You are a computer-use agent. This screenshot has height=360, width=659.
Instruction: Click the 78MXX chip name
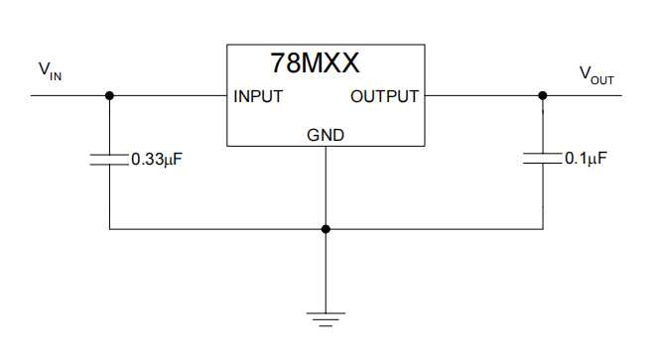coord(314,63)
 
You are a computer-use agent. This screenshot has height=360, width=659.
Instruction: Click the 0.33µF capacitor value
coord(158,158)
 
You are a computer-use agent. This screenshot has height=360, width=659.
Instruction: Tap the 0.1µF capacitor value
coord(586,158)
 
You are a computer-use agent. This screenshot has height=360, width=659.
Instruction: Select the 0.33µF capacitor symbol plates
coord(109,159)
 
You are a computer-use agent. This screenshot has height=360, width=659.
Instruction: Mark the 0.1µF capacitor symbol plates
coord(542,159)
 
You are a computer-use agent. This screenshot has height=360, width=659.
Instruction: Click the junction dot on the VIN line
coord(109,95)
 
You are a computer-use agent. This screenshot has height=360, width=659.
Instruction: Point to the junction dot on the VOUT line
coord(542,95)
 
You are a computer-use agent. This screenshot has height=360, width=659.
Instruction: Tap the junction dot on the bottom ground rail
coord(326,229)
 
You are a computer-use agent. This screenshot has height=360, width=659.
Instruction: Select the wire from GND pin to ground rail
coord(326,188)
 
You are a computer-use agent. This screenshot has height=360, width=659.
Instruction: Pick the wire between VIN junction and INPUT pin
coord(169,95)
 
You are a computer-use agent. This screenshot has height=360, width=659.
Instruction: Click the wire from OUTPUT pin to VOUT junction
coord(481,95)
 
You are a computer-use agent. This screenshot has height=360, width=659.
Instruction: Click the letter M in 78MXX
coord(311,63)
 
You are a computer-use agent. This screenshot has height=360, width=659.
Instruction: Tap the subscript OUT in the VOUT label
coord(602,79)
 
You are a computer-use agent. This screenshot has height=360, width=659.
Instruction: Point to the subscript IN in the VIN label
coord(56,74)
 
